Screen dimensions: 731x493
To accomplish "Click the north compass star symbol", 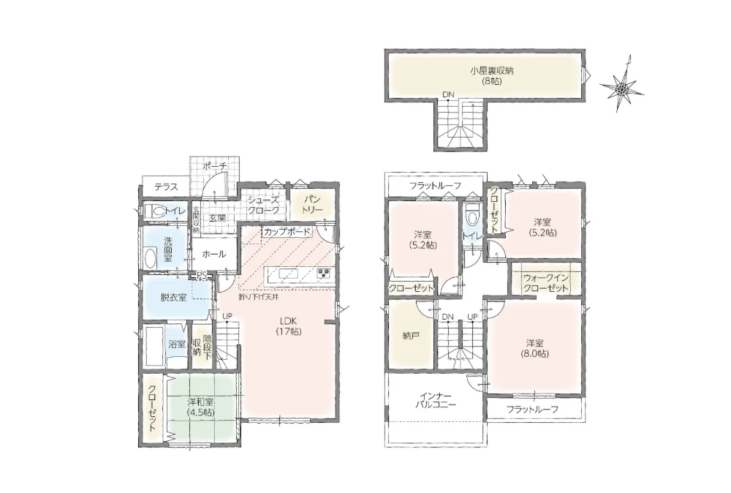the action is tap(622, 87).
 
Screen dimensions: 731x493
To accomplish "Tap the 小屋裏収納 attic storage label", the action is tap(485, 76).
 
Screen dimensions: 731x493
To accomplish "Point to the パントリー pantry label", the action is tap(312, 205).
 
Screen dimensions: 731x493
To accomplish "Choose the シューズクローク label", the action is tap(264, 206).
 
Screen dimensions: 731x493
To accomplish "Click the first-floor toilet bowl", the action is tap(156, 211).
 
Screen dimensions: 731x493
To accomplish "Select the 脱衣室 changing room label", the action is tap(173, 297).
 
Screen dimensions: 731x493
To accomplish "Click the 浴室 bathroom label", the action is tap(177, 345).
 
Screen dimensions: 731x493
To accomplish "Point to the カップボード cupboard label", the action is tap(287, 231).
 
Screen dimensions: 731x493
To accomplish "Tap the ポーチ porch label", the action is tap(216, 166).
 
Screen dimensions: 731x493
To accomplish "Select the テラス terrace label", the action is tap(167, 187).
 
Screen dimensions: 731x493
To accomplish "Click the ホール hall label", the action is tap(214, 255).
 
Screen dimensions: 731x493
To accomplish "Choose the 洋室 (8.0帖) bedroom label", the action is tap(535, 348).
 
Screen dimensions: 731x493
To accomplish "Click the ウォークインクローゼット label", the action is tap(545, 283).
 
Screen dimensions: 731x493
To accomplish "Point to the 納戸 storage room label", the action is tap(410, 335).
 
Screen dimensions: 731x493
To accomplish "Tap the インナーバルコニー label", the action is tap(436, 401).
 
